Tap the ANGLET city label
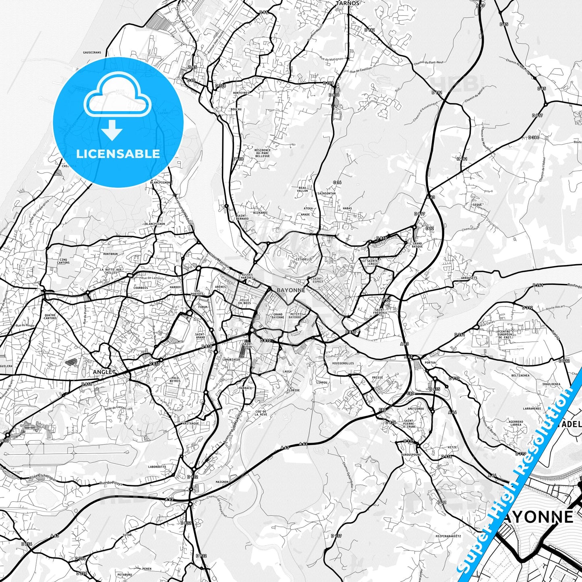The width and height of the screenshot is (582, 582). pos(104,372)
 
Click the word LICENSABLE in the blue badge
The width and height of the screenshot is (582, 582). pos(118,153)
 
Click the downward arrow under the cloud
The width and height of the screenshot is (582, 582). pos(112,130)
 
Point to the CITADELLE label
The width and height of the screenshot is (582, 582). pos(304,259)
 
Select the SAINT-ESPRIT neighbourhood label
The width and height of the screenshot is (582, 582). pos(317,280)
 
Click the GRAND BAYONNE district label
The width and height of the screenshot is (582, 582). pos(278,315)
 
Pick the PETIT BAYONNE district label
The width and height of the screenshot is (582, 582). pos(295,315)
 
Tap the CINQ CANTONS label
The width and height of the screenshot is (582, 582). pos(64,261)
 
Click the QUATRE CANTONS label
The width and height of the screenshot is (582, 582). pos(50,317)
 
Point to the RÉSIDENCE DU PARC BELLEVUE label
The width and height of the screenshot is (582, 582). pos(262,153)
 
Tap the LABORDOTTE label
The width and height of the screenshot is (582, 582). pos(157,467)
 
